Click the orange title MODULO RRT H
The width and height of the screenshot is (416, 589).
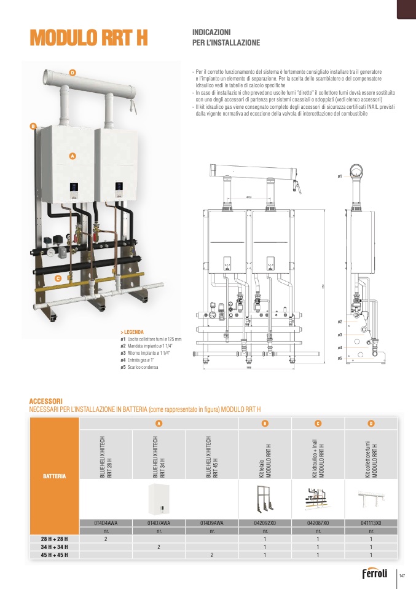pyautogui.click(x=89, y=38)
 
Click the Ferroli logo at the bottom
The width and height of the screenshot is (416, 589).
pyautogui.click(x=374, y=574)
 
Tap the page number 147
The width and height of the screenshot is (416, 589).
pyautogui.click(x=402, y=575)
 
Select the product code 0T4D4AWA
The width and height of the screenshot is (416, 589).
pyautogui.click(x=106, y=523)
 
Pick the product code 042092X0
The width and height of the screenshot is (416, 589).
pyautogui.click(x=265, y=523)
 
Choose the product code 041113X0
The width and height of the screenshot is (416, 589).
pyautogui.click(x=371, y=523)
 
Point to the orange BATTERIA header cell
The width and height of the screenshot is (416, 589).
pyautogui.click(x=55, y=475)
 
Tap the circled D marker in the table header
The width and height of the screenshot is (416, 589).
pyautogui.click(x=371, y=423)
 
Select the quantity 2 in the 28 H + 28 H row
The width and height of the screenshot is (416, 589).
pyautogui.click(x=106, y=539)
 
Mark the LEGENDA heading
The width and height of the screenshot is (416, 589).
pyautogui.click(x=133, y=332)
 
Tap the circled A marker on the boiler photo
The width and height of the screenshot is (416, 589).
pyautogui.click(x=72, y=156)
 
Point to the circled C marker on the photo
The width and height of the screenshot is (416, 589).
pyautogui.click(x=57, y=279)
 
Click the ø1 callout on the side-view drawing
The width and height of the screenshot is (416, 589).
pyautogui.click(x=340, y=176)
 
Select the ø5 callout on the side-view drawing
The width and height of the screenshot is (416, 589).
pyautogui.click(x=340, y=357)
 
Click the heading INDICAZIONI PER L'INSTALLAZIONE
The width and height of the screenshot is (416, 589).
pyautogui.click(x=227, y=37)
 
